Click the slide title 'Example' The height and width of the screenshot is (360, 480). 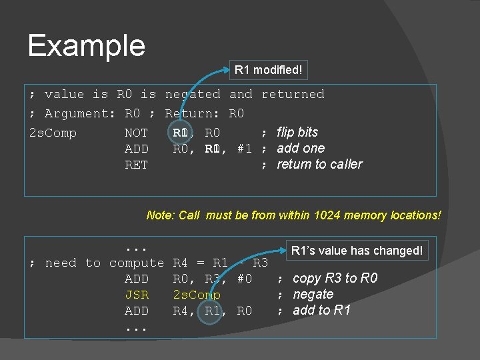pos(86,45)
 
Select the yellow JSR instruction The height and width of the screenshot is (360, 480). pos(137,295)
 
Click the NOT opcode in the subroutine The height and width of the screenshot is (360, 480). pos(137,133)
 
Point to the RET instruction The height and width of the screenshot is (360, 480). pos(137,165)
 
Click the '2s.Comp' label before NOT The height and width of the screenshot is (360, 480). pos(53,133)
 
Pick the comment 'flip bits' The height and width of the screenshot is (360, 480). pos(297,132)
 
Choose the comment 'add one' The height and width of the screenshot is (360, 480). pos(301,148)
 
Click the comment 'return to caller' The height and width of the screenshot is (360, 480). pos(319,164)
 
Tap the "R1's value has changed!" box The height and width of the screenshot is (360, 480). pos(357,251)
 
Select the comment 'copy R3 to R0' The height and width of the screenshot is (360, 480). pos(335,278)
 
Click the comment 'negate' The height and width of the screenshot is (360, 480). pos(313,294)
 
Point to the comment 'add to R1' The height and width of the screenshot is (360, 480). pos(321,310)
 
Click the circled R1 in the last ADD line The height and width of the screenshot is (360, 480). pos(213,311)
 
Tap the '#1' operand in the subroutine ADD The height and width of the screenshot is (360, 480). pos(244,149)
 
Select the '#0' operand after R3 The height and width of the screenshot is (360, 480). pos(244,279)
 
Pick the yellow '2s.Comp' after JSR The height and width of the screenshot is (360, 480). pos(197,295)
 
